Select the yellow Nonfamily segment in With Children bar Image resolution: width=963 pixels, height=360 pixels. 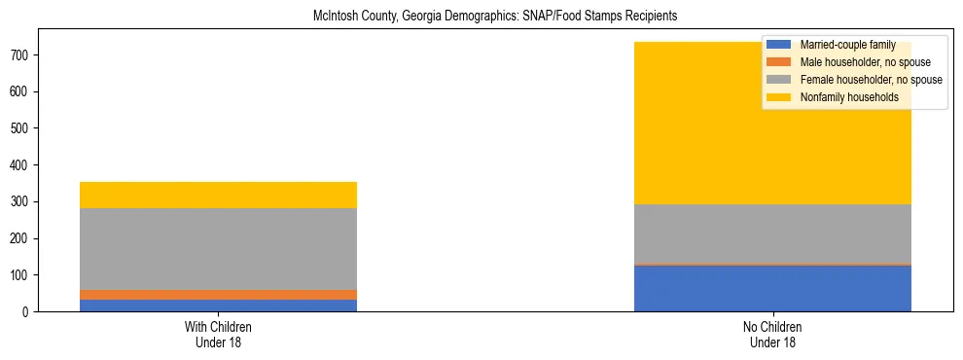point(218,195)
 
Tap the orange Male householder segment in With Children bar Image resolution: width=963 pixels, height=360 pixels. point(218,295)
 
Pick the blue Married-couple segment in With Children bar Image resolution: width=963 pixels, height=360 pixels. point(218,306)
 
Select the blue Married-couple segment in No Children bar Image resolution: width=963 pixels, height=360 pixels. point(772,288)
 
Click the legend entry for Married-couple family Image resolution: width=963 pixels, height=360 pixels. point(842,45)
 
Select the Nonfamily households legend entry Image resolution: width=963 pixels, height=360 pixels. point(842,97)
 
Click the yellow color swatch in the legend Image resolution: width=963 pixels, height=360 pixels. point(779,97)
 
